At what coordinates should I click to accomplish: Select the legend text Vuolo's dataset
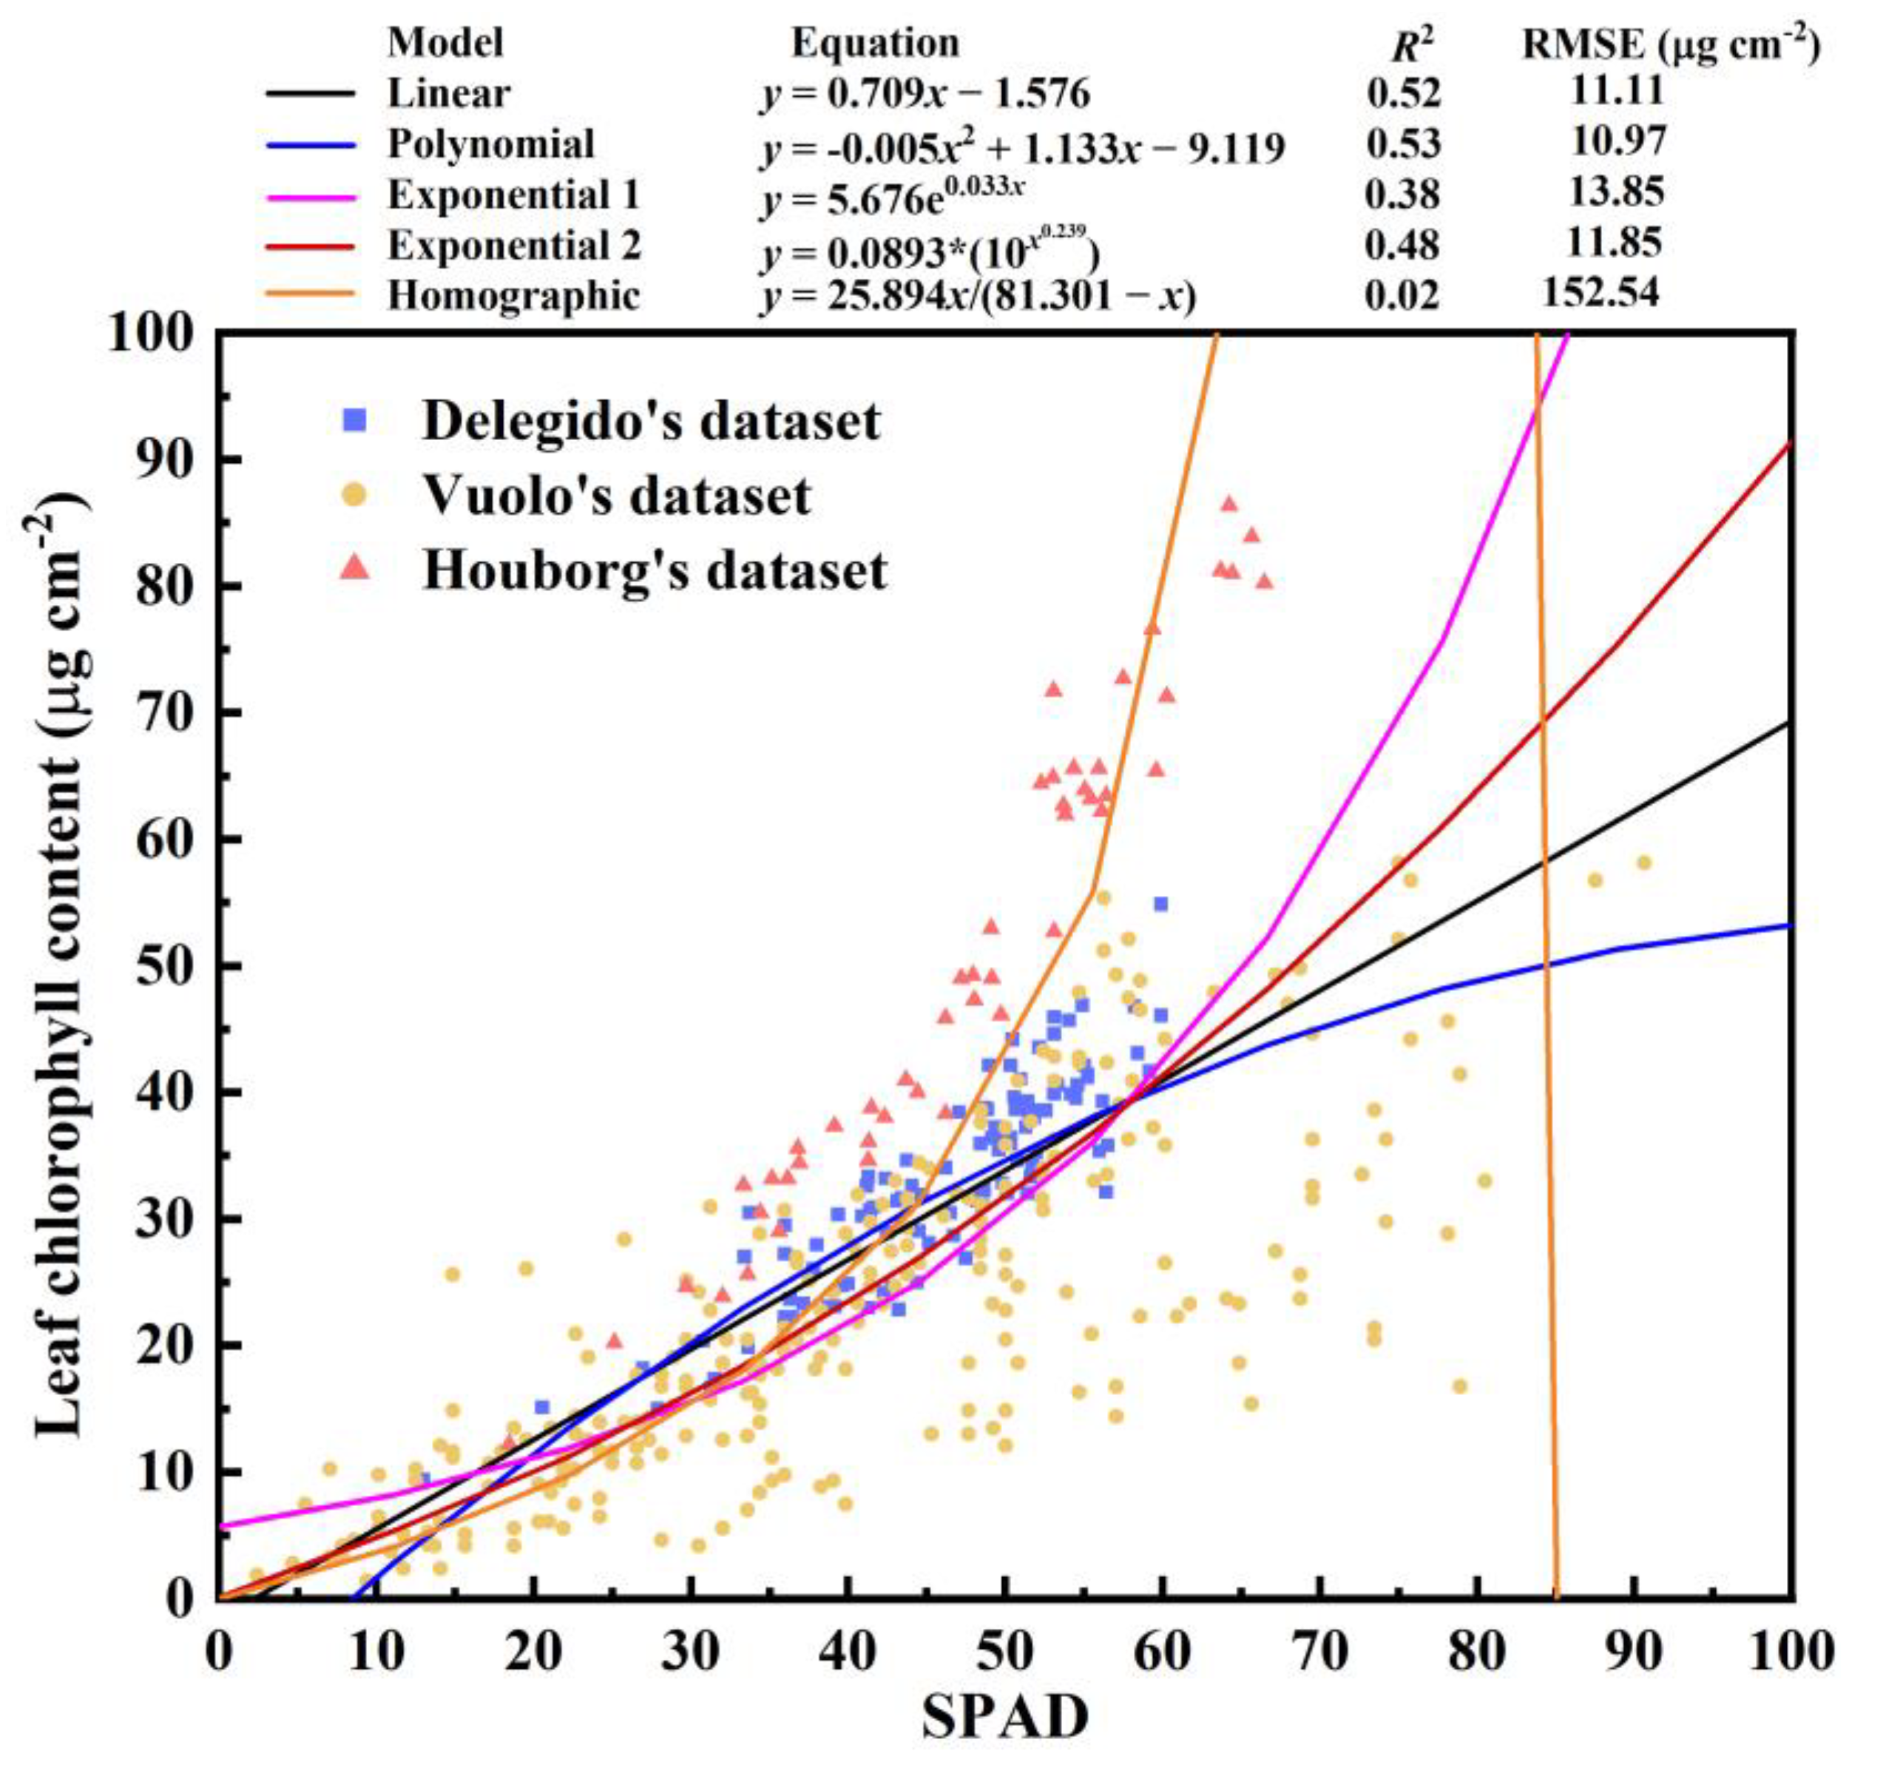coord(617,496)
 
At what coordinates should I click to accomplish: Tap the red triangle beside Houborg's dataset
coord(355,567)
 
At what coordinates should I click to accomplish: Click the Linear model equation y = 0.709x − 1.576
coord(925,94)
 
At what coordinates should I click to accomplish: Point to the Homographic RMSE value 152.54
coord(1601,292)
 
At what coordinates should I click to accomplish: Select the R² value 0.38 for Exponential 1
coord(1402,195)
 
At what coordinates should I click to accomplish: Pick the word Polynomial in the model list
coord(491,144)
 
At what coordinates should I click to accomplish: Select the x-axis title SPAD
coord(1006,1715)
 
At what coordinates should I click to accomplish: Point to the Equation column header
coord(876,43)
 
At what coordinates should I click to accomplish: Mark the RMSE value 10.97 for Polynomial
coord(1618,141)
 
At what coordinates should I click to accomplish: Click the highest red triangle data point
coord(1229,504)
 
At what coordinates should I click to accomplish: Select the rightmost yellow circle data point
coord(1644,863)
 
